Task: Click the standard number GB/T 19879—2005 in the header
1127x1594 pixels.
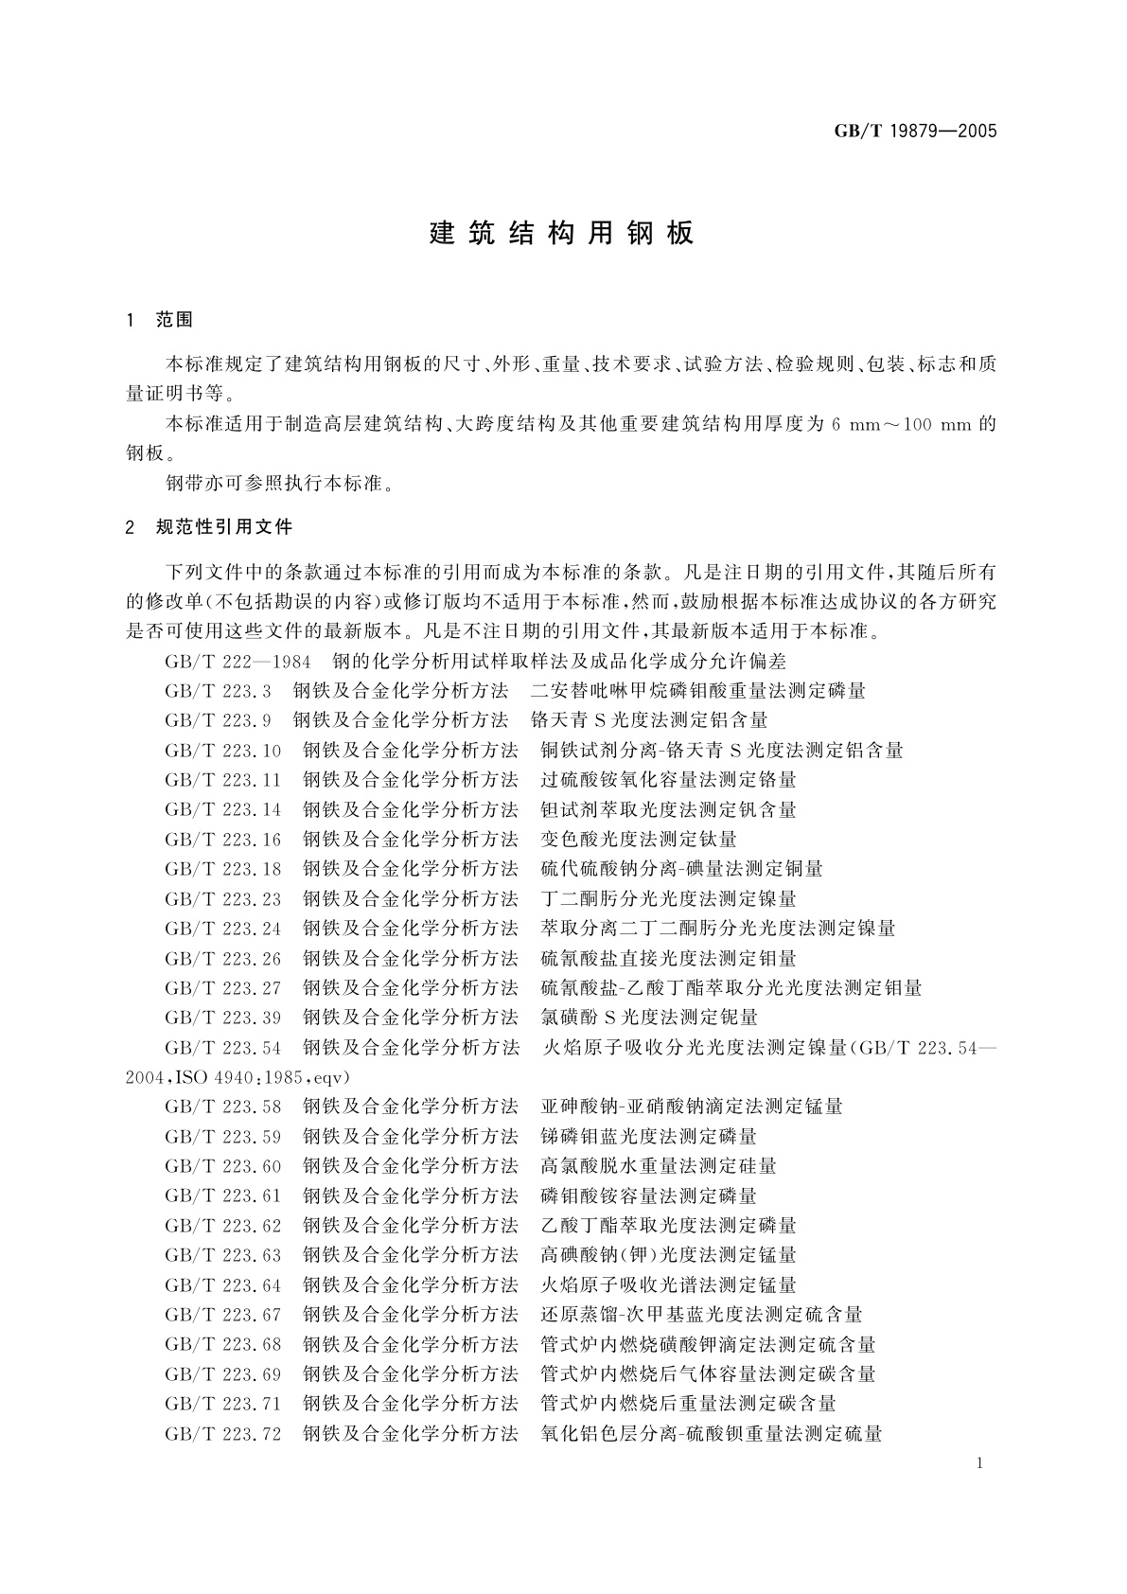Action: pyautogui.click(x=915, y=132)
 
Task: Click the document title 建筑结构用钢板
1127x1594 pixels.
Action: pyautogui.click(x=562, y=233)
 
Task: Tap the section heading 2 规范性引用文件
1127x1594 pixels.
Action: pyautogui.click(x=209, y=527)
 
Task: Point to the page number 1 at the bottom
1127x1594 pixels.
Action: pyautogui.click(x=979, y=1463)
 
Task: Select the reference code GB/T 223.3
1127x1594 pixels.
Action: pyautogui.click(x=218, y=691)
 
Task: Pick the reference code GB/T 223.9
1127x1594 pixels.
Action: pyautogui.click(x=218, y=720)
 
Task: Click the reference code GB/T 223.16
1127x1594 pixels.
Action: pyautogui.click(x=223, y=840)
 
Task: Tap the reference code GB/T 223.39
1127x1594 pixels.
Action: pyautogui.click(x=223, y=1018)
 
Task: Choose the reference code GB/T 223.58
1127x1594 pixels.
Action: pyautogui.click(x=223, y=1107)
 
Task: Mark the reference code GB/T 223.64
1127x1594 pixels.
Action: pyautogui.click(x=223, y=1285)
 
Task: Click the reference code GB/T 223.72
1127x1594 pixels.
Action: pyautogui.click(x=223, y=1434)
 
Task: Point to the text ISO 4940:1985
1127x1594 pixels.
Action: pyautogui.click(x=242, y=1077)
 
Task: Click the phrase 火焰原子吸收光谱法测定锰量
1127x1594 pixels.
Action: pyautogui.click(x=668, y=1285)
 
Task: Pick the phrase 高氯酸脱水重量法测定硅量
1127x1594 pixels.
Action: pyautogui.click(x=659, y=1166)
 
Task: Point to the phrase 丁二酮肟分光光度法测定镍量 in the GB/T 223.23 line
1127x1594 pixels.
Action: pyautogui.click(x=668, y=899)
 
